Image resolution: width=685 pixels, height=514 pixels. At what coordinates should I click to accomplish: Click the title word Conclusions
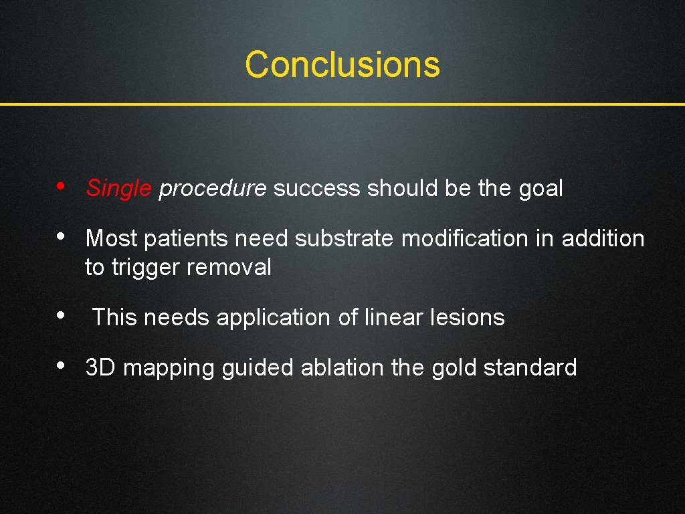pyautogui.click(x=342, y=65)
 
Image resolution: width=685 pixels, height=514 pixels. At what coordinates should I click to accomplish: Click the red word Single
pyautogui.click(x=119, y=189)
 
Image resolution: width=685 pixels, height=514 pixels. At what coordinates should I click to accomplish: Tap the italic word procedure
pyautogui.click(x=213, y=189)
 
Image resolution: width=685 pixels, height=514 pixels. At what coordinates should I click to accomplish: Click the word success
pyautogui.click(x=316, y=189)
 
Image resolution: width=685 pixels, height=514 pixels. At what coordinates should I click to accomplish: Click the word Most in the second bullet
pyautogui.click(x=111, y=238)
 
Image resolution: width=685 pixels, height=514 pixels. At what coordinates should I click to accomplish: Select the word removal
pyautogui.click(x=229, y=268)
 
